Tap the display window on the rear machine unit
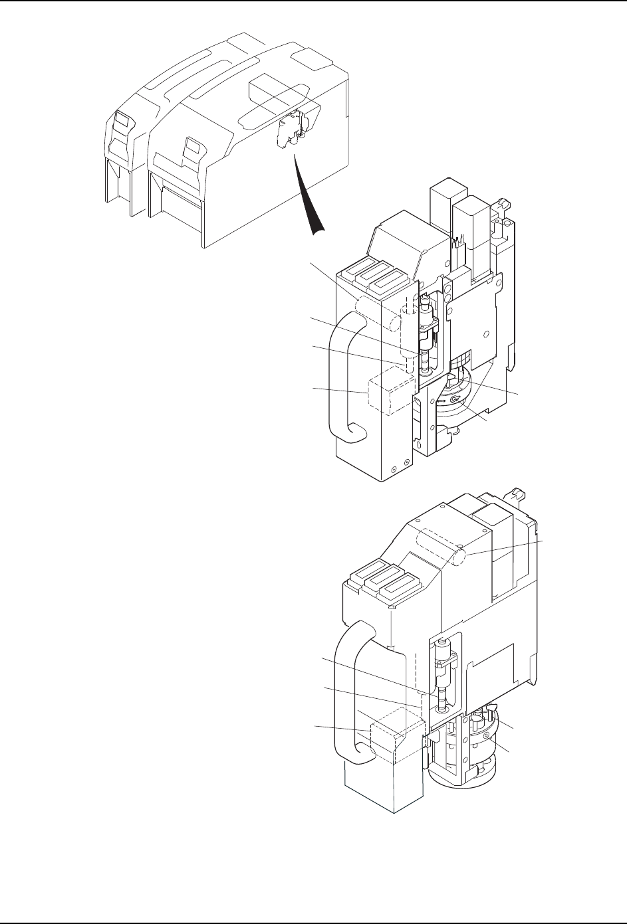121,122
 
